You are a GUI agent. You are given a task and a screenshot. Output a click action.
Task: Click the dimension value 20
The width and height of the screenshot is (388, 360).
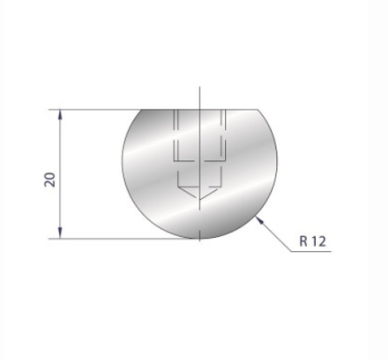click(x=50, y=180)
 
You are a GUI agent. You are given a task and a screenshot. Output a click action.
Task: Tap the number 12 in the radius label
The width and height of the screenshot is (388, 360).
click(x=318, y=241)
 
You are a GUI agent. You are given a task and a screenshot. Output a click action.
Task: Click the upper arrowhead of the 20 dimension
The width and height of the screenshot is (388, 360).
click(x=60, y=114)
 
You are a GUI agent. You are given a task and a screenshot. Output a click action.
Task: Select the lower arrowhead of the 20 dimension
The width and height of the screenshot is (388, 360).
click(x=60, y=233)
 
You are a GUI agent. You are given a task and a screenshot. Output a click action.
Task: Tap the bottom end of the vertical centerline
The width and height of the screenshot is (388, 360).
click(x=200, y=246)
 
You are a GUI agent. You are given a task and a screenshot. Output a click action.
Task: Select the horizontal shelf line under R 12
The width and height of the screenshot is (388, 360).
click(x=310, y=251)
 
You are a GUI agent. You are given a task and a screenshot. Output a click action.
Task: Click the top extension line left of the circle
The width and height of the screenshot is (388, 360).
click(x=96, y=109)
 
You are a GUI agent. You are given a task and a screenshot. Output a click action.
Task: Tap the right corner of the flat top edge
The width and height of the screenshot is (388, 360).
click(x=259, y=110)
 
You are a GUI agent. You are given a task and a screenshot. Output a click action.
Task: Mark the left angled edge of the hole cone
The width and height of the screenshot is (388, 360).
click(x=187, y=194)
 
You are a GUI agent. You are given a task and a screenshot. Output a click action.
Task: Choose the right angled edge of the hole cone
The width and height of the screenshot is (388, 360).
click(x=212, y=194)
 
